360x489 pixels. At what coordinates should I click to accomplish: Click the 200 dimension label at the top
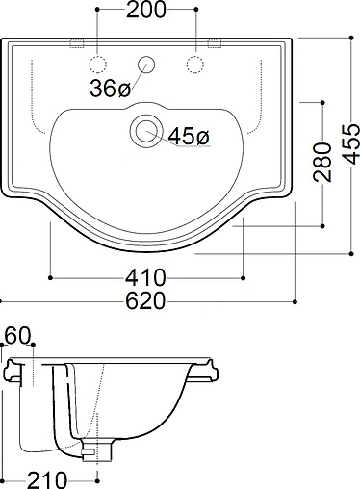(x=146, y=10)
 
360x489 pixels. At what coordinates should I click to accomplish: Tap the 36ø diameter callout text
(x=110, y=88)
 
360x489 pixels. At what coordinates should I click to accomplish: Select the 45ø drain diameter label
(x=189, y=136)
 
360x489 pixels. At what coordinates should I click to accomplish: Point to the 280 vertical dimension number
(x=322, y=163)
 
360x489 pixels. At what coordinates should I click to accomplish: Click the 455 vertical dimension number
(x=350, y=144)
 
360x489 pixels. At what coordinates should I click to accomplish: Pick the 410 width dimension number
(x=145, y=277)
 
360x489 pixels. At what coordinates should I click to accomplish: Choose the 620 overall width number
(x=145, y=301)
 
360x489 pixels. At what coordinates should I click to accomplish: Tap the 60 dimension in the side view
(x=18, y=335)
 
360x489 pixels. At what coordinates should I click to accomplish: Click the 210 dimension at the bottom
(x=47, y=480)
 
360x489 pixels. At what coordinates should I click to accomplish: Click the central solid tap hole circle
(x=146, y=64)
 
